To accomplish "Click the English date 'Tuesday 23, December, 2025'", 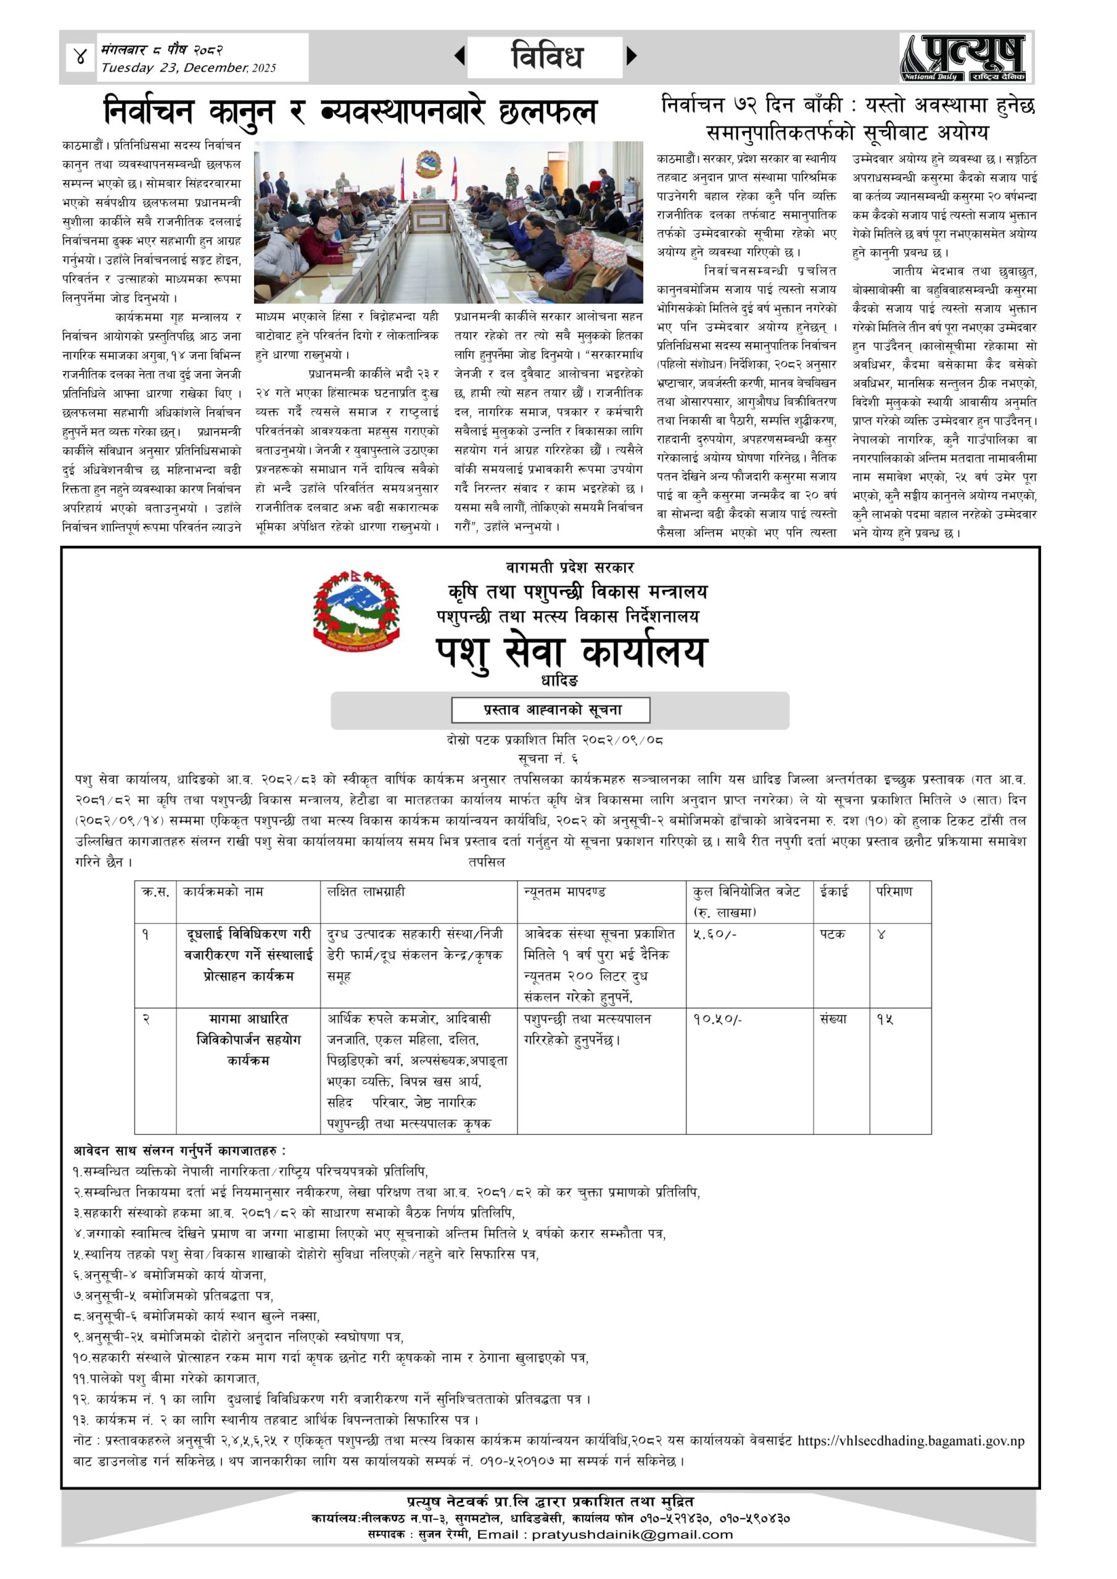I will tap(188, 68).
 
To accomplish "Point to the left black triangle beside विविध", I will tap(460, 56).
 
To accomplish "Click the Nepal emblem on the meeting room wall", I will tap(428, 163).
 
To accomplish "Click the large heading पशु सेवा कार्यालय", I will tap(571, 651).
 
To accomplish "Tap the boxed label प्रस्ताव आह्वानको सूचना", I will tap(551, 710).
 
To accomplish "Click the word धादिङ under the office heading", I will tap(559, 681).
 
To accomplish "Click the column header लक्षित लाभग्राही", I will tap(366, 892).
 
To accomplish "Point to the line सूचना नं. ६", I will tap(548, 759).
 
